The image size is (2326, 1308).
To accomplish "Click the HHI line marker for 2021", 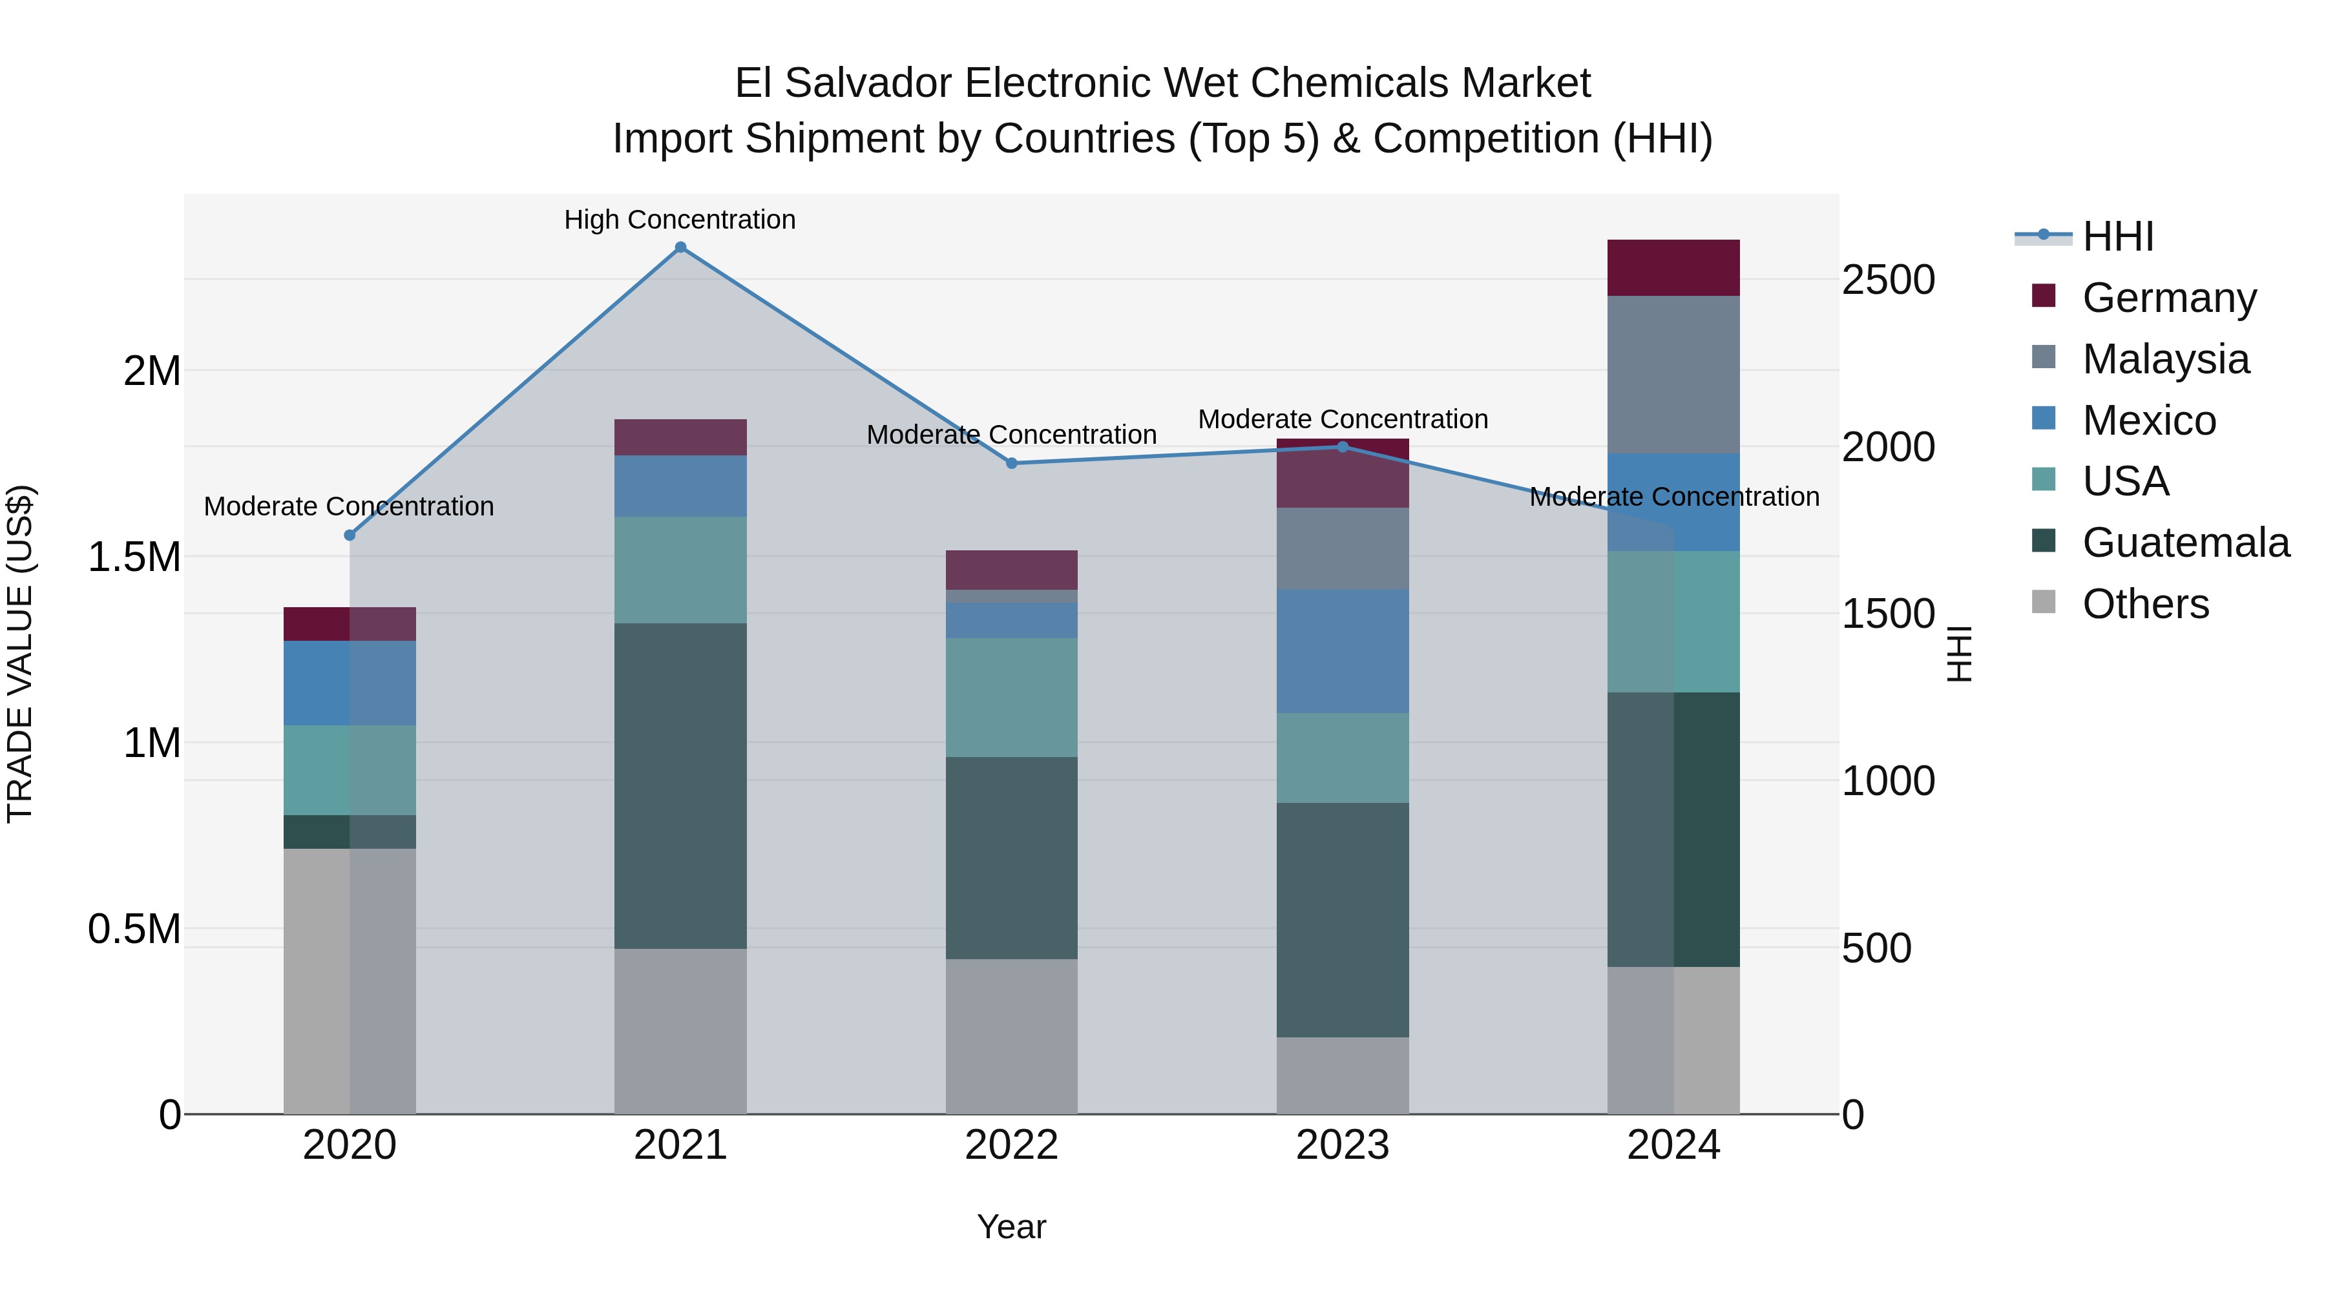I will click(681, 247).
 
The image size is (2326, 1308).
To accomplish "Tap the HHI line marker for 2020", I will click(350, 535).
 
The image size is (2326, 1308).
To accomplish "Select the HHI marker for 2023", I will click(1343, 447).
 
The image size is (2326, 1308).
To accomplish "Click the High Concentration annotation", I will click(680, 220).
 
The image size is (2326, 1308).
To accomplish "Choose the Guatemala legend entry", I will click(2185, 543).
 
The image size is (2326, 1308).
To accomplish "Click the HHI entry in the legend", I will click(2117, 236).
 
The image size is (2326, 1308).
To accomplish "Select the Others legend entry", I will click(2145, 604).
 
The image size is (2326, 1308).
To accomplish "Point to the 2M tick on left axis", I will click(152, 371).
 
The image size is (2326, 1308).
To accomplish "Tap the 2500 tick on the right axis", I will click(1888, 280).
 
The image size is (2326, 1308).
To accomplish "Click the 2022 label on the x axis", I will click(1011, 1145).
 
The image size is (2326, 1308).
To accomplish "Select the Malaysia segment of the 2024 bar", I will click(1673, 375).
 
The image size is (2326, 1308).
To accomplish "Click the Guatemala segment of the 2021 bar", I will click(681, 785).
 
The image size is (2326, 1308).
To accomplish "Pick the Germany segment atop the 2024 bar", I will click(1673, 268).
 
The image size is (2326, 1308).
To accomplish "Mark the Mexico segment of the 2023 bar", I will click(1343, 651).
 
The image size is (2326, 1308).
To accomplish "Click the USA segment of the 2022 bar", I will click(1011, 698).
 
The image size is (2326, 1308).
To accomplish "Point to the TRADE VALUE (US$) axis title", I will click(20, 654).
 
